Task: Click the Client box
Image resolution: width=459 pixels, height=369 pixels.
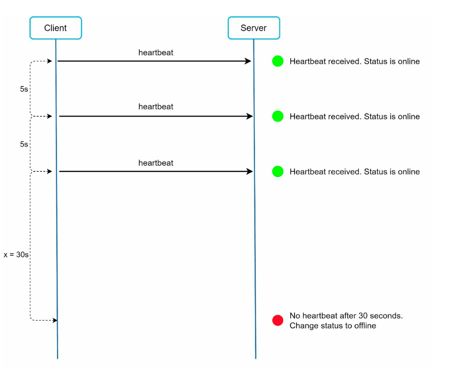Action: point(56,28)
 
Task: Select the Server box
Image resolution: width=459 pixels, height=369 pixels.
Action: point(254,28)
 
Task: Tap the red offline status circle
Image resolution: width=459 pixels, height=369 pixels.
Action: point(277,320)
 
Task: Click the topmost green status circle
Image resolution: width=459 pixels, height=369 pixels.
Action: point(277,61)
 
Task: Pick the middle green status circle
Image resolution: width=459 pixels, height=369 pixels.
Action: point(277,116)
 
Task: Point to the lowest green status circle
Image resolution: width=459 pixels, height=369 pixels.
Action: point(277,171)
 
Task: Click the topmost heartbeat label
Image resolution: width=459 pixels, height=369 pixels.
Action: point(156,53)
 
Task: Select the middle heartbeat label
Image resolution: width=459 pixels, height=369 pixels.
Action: point(156,107)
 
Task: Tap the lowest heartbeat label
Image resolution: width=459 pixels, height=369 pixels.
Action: point(156,163)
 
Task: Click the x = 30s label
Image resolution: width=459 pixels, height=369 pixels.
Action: point(16,255)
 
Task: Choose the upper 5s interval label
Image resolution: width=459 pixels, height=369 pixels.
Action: point(24,89)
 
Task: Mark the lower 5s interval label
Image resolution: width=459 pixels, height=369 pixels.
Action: point(24,144)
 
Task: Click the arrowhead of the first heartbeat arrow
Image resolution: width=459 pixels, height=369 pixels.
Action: point(248,61)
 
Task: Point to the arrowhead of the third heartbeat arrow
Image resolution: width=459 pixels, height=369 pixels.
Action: point(250,171)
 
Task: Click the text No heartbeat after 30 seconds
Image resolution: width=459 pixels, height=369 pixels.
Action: point(346,316)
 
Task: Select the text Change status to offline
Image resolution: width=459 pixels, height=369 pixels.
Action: point(333,326)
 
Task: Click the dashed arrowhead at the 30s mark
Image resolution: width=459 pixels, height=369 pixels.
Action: point(55,320)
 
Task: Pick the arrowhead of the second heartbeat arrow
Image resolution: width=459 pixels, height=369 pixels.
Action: point(250,116)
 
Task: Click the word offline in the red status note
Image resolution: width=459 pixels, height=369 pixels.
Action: point(365,326)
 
